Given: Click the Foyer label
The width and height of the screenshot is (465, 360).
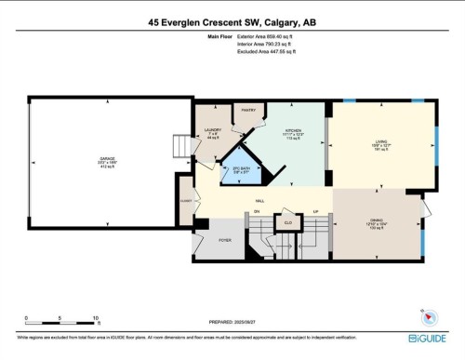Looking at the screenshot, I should pos(224,239).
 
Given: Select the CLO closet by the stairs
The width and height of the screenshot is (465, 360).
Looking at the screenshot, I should pos(289,222).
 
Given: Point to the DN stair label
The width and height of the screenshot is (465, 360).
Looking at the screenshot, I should pos(257,212).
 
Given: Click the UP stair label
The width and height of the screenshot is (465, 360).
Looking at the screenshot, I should pos(316,212).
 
